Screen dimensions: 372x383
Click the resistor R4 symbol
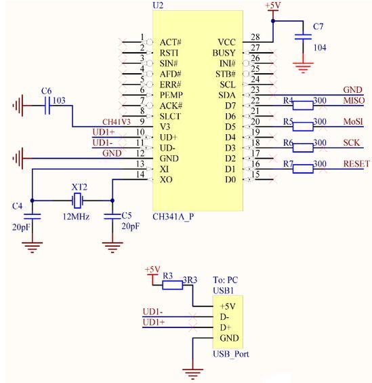(x=303, y=106)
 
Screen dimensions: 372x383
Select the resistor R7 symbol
(x=303, y=169)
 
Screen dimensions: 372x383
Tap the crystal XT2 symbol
(x=77, y=201)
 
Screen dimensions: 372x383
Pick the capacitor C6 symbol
(x=47, y=106)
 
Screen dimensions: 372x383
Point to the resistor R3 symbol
(x=172, y=285)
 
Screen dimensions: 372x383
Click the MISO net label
(x=354, y=100)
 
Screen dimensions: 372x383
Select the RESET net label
(x=356, y=163)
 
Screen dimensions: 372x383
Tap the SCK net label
(x=352, y=142)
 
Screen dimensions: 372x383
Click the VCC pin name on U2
(x=226, y=42)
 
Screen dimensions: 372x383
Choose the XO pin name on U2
(x=166, y=180)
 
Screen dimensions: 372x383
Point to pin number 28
(x=255, y=37)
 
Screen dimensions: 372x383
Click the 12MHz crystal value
(x=76, y=216)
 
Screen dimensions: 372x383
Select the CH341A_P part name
(x=173, y=217)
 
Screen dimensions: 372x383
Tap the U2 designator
(x=158, y=5)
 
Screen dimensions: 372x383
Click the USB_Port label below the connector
(x=231, y=354)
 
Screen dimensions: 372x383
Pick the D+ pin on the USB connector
(x=225, y=327)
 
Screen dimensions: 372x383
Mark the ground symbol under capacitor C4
(x=33, y=247)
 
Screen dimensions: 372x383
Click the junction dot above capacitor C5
(x=112, y=201)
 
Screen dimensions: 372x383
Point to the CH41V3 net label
(x=117, y=121)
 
